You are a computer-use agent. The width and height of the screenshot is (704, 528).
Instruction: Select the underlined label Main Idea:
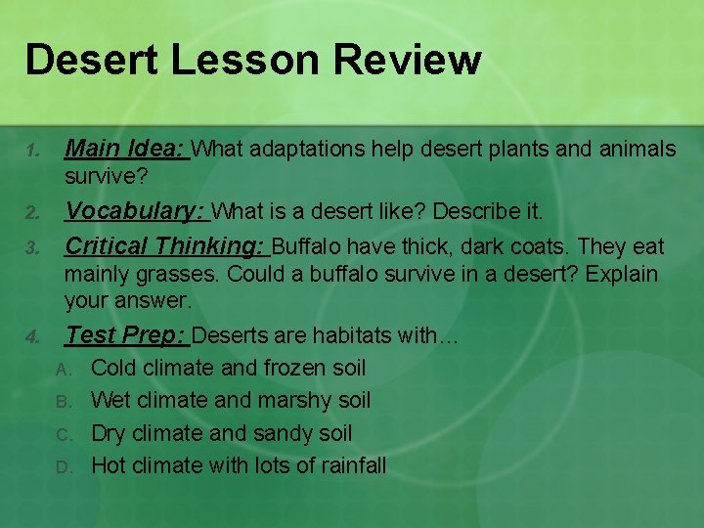coord(125,149)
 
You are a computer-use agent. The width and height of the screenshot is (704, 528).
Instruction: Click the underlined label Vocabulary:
coord(135,211)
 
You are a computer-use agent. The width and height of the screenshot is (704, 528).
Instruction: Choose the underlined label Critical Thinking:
coord(165,245)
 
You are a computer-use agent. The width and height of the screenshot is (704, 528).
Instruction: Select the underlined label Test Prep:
coord(126,335)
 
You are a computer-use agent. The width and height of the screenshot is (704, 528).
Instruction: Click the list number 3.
coord(31,247)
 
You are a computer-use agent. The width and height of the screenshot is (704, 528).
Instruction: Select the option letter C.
coord(64,434)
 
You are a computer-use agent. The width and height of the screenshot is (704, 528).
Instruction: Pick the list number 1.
coord(31,151)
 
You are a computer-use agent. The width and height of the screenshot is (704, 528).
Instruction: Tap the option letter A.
coord(64,370)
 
